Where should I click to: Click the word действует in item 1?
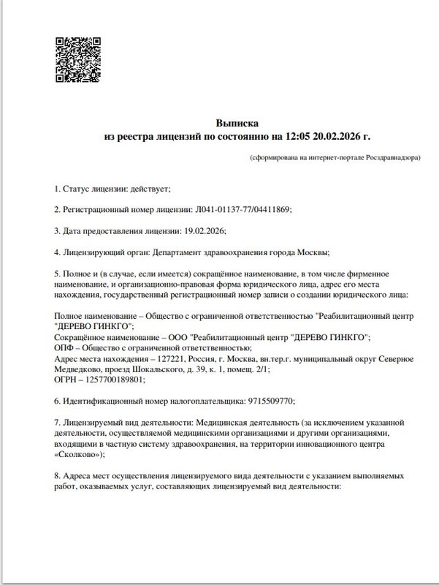point(149,189)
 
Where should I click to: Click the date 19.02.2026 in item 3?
point(203,230)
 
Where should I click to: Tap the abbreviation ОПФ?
point(65,347)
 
